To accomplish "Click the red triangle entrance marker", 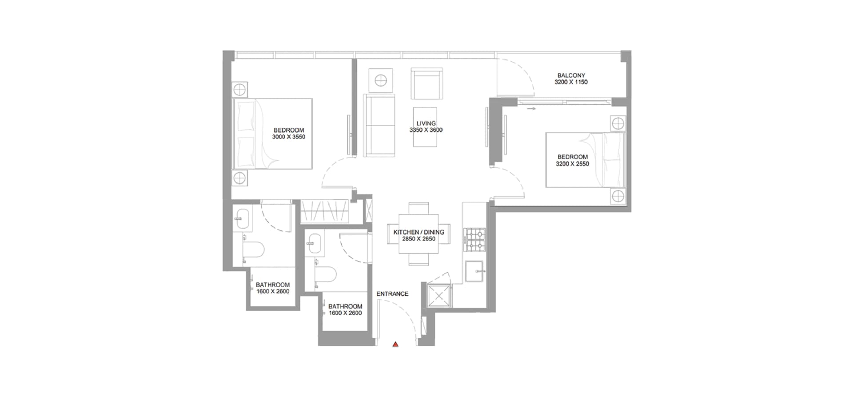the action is click(x=395, y=344).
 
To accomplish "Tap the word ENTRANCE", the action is click(x=392, y=294).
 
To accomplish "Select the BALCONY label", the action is click(x=571, y=75).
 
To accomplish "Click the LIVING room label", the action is click(x=426, y=123).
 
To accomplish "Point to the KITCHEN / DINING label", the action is click(x=419, y=232).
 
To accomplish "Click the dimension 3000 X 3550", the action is click(x=289, y=137).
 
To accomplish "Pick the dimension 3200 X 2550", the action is click(x=572, y=163).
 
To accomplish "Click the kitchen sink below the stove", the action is click(x=475, y=271).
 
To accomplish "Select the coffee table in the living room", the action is click(x=425, y=127).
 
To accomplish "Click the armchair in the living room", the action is click(x=426, y=83).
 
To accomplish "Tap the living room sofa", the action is click(x=379, y=125).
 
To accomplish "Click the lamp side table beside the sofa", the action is click(x=381, y=80).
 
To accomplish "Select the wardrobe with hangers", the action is click(x=324, y=211).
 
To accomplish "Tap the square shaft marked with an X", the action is click(x=439, y=296).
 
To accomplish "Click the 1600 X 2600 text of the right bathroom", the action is click(x=345, y=313).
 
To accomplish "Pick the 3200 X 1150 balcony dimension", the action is click(x=571, y=82).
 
